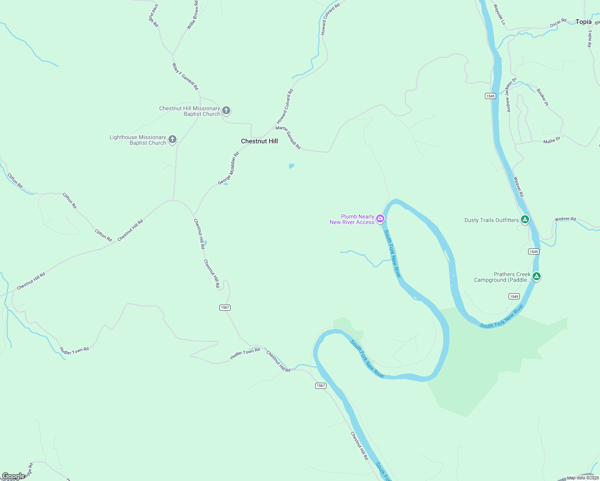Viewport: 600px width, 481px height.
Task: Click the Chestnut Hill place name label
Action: pos(259,141)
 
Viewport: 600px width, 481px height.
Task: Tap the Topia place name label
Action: pos(583,22)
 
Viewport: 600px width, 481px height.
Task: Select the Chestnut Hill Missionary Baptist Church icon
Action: pos(226,111)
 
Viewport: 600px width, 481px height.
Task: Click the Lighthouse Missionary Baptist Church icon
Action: pos(172,139)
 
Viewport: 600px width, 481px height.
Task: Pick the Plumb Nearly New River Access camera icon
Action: pos(380,219)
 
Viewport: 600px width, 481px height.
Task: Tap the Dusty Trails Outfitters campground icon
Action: pos(525,219)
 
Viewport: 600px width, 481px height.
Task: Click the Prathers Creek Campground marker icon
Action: pos(537,276)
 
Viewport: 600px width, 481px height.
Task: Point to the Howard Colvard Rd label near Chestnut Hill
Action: pos(285,107)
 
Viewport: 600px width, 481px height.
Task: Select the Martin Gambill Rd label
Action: pos(288,137)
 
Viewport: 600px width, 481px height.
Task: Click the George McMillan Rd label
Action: pos(229,168)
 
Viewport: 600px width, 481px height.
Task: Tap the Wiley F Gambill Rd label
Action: pos(185,76)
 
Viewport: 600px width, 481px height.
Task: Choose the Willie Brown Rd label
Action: pos(193,15)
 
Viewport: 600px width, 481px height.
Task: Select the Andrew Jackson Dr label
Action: pos(511,95)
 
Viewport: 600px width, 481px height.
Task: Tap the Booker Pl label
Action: pos(542,97)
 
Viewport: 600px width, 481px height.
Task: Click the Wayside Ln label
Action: pos(499,15)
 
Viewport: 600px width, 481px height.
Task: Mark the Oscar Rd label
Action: pos(558,23)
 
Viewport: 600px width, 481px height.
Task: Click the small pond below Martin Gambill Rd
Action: pos(292,166)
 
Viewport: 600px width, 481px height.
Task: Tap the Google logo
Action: pos(13,476)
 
